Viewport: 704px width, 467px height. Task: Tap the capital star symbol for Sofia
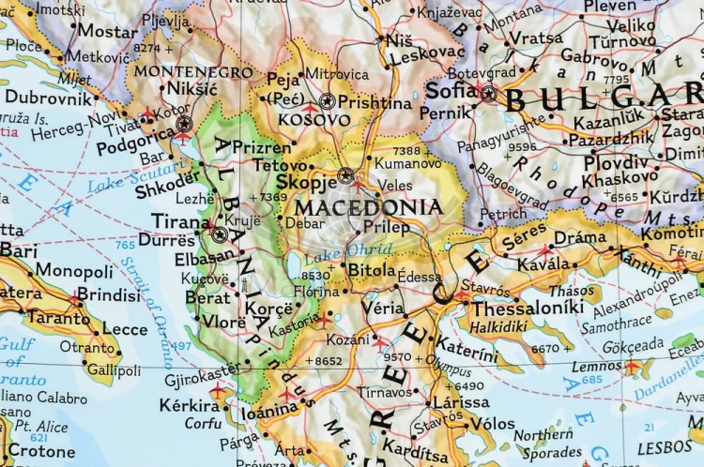coord(488,92)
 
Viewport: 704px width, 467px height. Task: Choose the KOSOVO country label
coord(314,120)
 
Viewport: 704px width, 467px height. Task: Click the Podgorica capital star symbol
coord(184,123)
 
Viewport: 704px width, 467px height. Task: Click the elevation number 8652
coord(328,360)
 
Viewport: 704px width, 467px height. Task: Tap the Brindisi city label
coord(108,294)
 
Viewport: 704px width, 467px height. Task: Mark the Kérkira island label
coord(190,406)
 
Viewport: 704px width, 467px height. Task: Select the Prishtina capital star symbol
coord(327,100)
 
